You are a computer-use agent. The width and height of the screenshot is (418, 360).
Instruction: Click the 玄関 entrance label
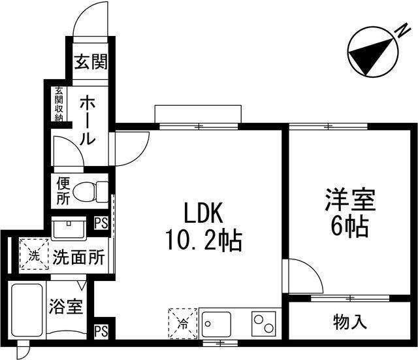pyautogui.click(x=90, y=63)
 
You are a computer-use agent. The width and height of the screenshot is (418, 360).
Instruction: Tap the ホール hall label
pyautogui.click(x=89, y=121)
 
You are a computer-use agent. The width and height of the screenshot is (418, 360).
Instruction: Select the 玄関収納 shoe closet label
pyautogui.click(x=59, y=104)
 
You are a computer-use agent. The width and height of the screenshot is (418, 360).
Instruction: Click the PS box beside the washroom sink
pyautogui.click(x=101, y=223)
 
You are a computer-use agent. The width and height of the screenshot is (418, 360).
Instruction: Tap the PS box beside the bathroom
pyautogui.click(x=101, y=331)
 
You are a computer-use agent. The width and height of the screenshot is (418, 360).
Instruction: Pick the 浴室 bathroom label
pyautogui.click(x=66, y=306)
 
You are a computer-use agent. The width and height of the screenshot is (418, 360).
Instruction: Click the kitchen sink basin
pyautogui.click(x=215, y=323)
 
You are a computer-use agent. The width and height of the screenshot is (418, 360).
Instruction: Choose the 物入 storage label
pyautogui.click(x=350, y=322)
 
